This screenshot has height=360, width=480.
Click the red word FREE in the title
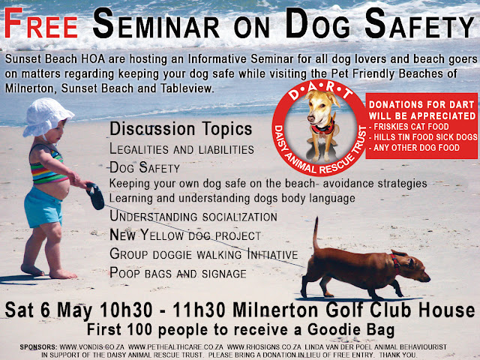point(41,23)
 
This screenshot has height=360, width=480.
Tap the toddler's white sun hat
point(46,117)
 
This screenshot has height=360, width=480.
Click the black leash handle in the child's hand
point(95,196)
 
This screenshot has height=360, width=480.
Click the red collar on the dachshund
point(395,263)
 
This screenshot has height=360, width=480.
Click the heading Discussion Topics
point(181,128)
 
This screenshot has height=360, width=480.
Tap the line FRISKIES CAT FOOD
point(409,127)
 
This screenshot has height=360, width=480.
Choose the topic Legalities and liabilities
point(181,149)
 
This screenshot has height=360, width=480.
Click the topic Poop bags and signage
point(178,273)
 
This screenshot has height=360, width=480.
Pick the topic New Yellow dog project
point(185,235)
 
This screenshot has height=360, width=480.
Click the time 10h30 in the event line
point(126,310)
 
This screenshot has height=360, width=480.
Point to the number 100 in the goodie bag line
point(139,330)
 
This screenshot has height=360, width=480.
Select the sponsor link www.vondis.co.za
point(91,347)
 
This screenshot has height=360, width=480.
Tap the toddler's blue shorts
point(43,207)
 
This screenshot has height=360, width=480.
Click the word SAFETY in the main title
point(420,24)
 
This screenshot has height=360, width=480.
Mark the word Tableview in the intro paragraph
point(186,88)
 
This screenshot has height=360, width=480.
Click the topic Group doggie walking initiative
point(203,254)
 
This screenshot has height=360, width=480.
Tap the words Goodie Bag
point(351,330)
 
